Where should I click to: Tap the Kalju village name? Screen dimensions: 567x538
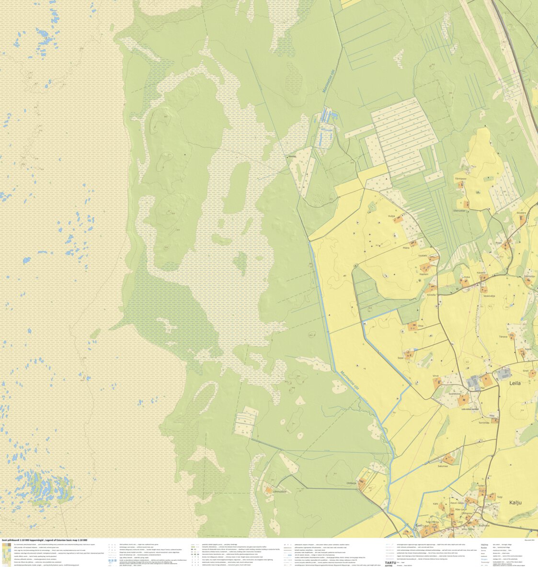(x=515, y=502)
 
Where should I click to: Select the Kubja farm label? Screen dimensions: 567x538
(x=391, y=216)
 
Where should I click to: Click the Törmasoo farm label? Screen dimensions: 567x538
(x=460, y=179)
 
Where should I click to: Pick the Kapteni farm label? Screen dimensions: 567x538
(x=424, y=274)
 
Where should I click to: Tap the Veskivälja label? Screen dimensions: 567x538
(x=489, y=296)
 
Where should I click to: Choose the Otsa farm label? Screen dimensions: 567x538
(x=420, y=326)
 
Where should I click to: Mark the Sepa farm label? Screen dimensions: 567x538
(x=401, y=357)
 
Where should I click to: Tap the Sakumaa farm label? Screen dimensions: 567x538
(x=442, y=465)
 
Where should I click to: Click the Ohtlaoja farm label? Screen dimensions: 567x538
(x=352, y=483)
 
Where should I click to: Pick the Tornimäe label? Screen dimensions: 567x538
(x=483, y=422)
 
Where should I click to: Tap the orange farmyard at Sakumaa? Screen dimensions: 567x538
(x=449, y=459)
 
